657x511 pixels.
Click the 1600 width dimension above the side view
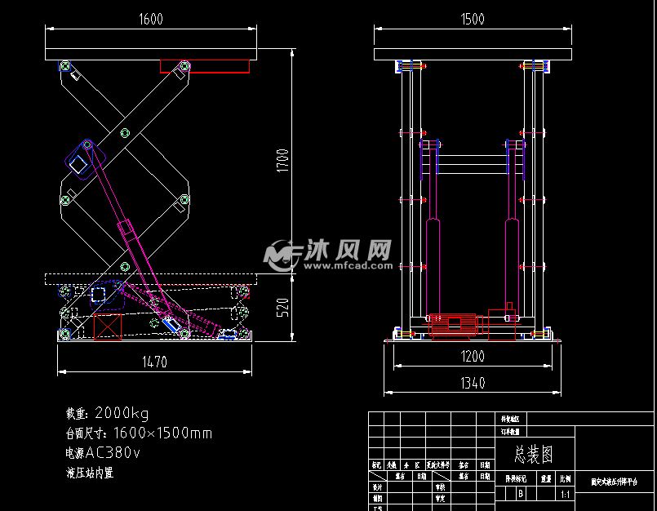151,19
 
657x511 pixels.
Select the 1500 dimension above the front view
473,19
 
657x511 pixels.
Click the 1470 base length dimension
155,362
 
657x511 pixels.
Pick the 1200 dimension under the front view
473,356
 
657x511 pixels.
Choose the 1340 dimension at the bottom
473,382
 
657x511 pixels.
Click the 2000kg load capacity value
122,413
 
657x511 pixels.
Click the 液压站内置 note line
90,473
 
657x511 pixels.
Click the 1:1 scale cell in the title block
565,494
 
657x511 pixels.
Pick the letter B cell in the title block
520,494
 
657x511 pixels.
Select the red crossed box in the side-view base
107,326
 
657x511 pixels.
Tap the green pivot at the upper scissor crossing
125,132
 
